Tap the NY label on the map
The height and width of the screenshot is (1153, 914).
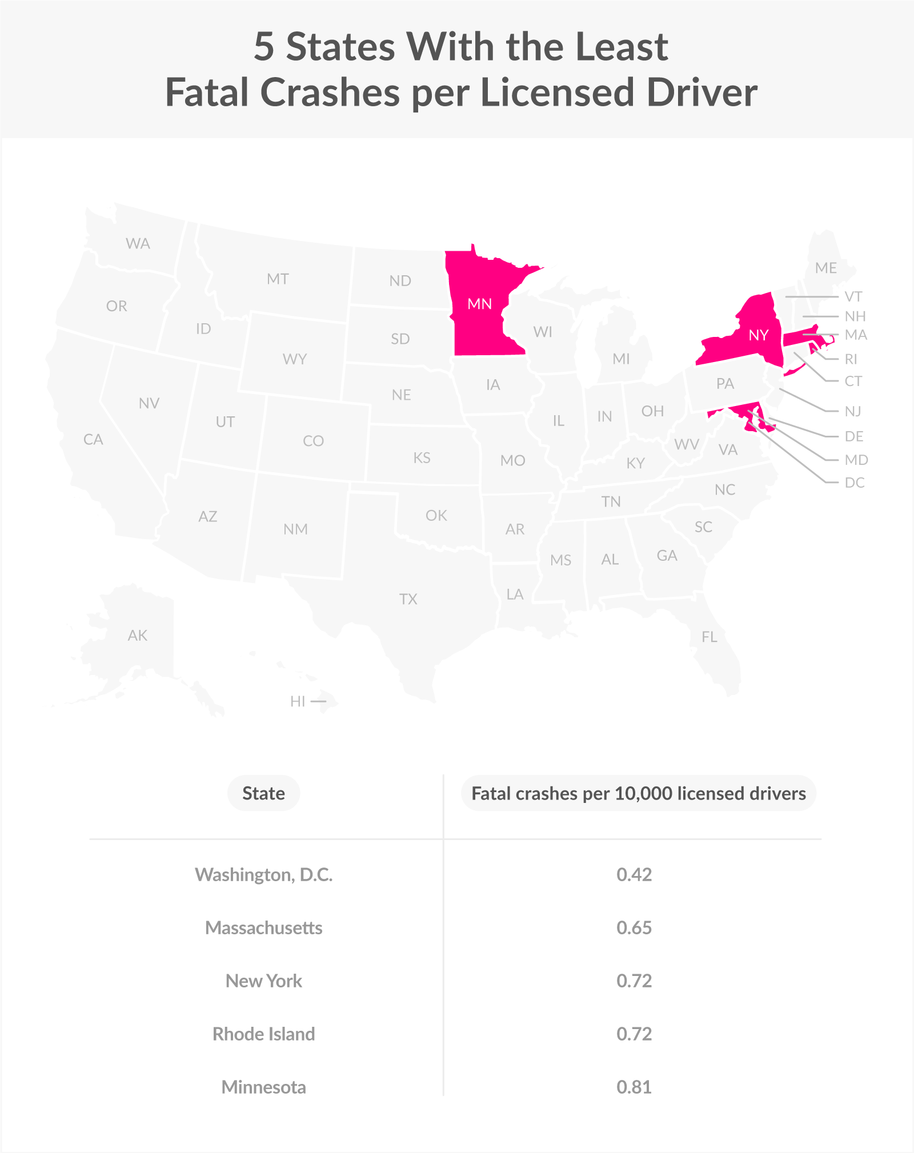click(x=758, y=335)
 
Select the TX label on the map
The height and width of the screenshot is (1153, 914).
click(x=408, y=599)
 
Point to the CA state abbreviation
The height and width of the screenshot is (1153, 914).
click(x=93, y=439)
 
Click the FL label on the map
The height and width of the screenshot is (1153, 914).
click(x=709, y=637)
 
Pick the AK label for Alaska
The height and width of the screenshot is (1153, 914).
click(x=138, y=635)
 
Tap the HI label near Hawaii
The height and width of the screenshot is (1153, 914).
click(x=298, y=701)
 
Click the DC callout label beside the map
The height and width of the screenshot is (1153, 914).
click(x=855, y=483)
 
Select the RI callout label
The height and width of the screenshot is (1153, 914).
click(x=851, y=359)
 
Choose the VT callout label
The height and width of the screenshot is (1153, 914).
click(x=853, y=296)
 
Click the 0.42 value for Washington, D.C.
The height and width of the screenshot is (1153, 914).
click(x=634, y=874)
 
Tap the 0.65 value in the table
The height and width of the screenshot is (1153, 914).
click(x=634, y=927)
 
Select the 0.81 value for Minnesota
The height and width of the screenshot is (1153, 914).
click(x=634, y=1087)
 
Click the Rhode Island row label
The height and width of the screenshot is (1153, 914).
click(x=263, y=1034)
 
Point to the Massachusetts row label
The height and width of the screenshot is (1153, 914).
click(x=263, y=927)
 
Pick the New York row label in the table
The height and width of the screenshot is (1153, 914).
click(x=263, y=981)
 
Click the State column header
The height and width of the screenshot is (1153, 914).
click(x=263, y=793)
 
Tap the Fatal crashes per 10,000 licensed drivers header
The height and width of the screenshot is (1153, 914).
click(x=638, y=793)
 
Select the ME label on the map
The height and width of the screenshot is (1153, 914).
click(x=825, y=268)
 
